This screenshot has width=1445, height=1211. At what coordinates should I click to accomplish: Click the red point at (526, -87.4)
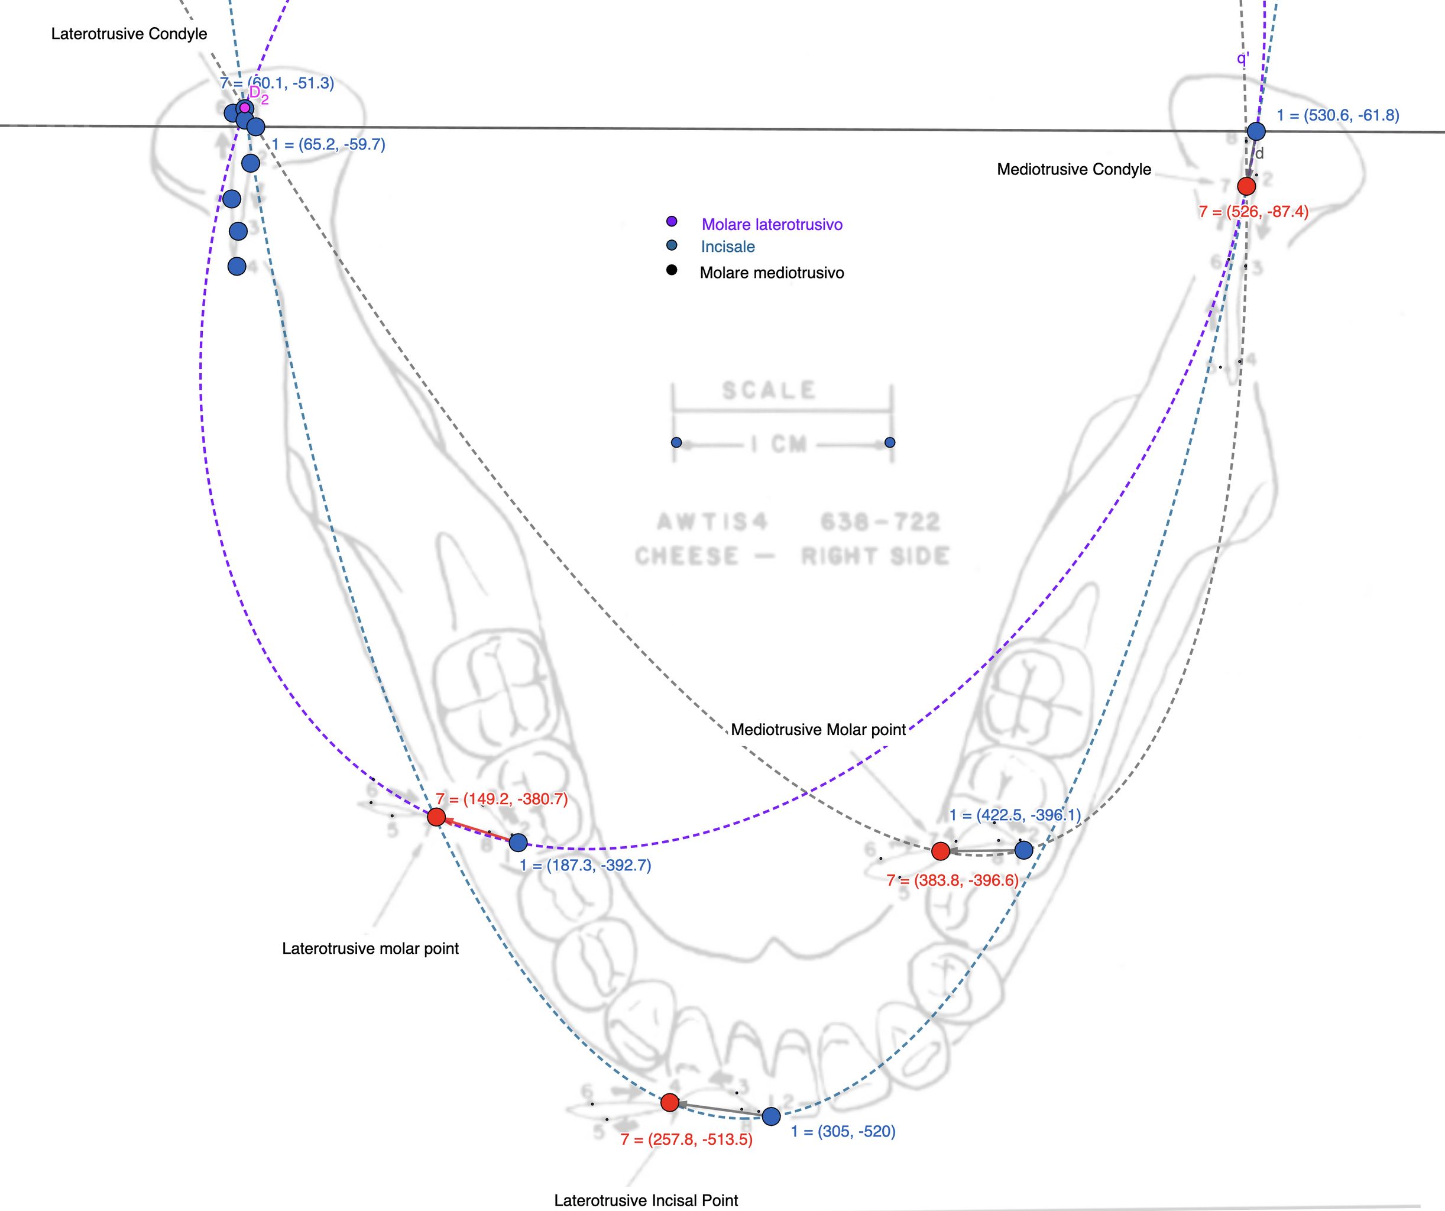pyautogui.click(x=1246, y=186)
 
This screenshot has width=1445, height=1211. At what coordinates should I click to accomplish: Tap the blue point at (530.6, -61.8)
pyautogui.click(x=1256, y=131)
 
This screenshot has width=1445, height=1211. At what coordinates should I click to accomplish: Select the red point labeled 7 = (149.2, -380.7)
pyautogui.click(x=436, y=817)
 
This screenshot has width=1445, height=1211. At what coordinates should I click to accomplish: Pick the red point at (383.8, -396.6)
pyautogui.click(x=941, y=851)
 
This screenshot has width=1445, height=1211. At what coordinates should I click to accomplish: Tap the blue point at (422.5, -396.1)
pyautogui.click(x=1024, y=850)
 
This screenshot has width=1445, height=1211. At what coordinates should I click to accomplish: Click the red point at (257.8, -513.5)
pyautogui.click(x=669, y=1102)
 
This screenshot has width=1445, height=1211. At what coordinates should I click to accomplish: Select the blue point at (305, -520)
pyautogui.click(x=772, y=1116)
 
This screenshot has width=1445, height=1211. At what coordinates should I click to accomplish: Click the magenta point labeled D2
pyautogui.click(x=244, y=108)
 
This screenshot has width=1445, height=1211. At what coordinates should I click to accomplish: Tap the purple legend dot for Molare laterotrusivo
pyautogui.click(x=672, y=222)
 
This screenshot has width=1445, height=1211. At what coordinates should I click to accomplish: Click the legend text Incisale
pyautogui.click(x=727, y=247)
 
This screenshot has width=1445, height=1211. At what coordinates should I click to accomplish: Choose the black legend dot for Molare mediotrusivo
pyautogui.click(x=672, y=270)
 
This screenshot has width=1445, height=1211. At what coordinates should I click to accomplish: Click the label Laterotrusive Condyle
pyautogui.click(x=129, y=34)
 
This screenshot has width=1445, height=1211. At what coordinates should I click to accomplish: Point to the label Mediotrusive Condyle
pyautogui.click(x=1074, y=169)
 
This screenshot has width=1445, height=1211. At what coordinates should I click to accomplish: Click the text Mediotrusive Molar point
pyautogui.click(x=818, y=729)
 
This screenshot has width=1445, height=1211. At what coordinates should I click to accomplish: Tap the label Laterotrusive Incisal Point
pyautogui.click(x=646, y=1200)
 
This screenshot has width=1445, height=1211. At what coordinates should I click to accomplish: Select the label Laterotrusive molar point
pyautogui.click(x=370, y=948)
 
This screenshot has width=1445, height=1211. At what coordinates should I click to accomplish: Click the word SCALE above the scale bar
pyautogui.click(x=769, y=391)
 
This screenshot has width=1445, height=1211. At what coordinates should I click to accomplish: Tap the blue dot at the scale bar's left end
pyautogui.click(x=676, y=442)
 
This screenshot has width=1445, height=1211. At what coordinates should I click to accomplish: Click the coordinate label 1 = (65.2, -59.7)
pyautogui.click(x=328, y=144)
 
